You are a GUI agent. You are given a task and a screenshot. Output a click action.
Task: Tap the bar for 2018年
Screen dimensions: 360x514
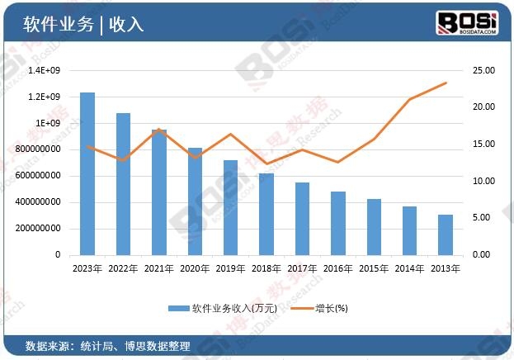click(x=266, y=214)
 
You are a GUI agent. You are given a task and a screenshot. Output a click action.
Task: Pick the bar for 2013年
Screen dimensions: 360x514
click(x=446, y=234)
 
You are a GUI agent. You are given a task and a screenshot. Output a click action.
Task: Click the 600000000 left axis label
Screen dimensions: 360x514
click(x=40, y=176)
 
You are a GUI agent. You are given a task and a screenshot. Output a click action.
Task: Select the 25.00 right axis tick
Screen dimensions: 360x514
click(x=483, y=71)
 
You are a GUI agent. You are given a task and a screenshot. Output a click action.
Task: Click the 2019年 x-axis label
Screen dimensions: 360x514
click(x=230, y=268)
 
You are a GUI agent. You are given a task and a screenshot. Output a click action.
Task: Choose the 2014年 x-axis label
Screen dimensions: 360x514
click(x=410, y=268)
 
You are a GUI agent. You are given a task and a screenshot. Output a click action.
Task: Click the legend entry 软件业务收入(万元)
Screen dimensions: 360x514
click(x=216, y=308)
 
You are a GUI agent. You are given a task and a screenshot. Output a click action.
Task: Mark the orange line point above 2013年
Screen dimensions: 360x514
click(x=446, y=83)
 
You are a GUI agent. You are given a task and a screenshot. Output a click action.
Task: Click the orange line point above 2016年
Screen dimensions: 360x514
click(x=337, y=162)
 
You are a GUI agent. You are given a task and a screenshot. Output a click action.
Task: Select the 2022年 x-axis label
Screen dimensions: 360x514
click(x=123, y=268)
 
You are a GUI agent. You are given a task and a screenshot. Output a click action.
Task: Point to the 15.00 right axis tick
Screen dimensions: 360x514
click(x=483, y=144)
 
